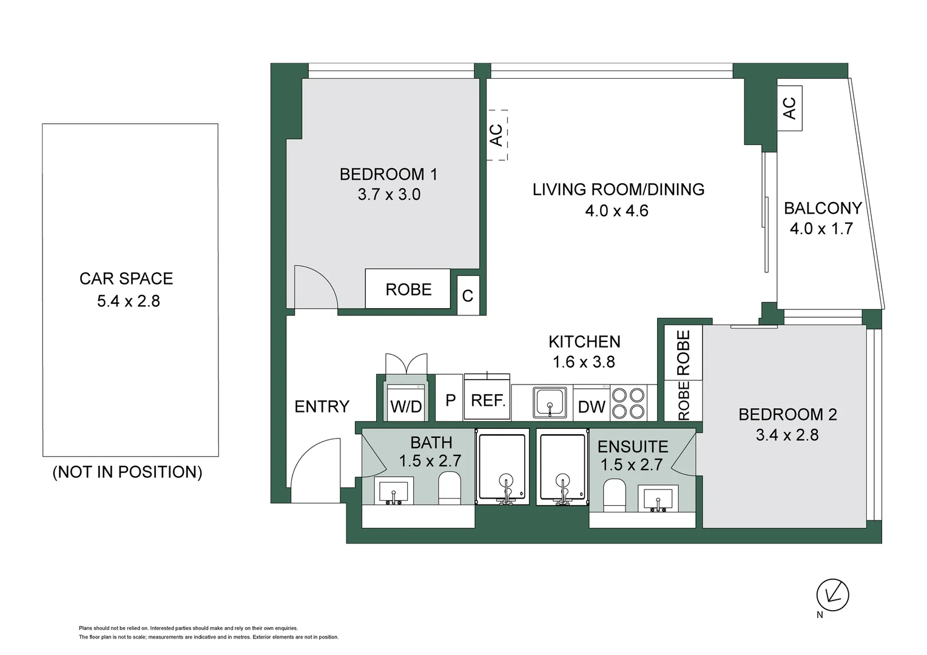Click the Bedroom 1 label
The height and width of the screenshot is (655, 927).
pos(388,175)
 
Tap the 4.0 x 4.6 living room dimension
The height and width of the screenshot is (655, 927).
pos(616,211)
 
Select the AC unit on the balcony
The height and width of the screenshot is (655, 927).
pos(789,109)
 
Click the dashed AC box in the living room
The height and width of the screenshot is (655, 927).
pos(497,135)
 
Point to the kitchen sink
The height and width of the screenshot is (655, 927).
pos(550,403)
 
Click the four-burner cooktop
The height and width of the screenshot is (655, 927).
pos(628,403)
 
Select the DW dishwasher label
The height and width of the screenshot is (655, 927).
pos(591,407)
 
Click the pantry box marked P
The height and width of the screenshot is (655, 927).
pos(450,400)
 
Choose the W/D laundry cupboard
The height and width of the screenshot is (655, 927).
pos(406,405)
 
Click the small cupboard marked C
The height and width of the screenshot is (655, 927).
pos(468,296)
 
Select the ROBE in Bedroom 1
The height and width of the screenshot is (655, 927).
pos(408,289)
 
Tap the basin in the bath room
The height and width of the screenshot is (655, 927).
pos(394,490)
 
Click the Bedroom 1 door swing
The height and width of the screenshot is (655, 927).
pos(315,287)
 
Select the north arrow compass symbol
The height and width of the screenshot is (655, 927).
pos(832,595)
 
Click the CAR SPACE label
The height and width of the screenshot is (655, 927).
pos(126,278)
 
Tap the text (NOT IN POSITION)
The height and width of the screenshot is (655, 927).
pos(127,472)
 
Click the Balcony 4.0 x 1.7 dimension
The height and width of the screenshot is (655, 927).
pos(821,229)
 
